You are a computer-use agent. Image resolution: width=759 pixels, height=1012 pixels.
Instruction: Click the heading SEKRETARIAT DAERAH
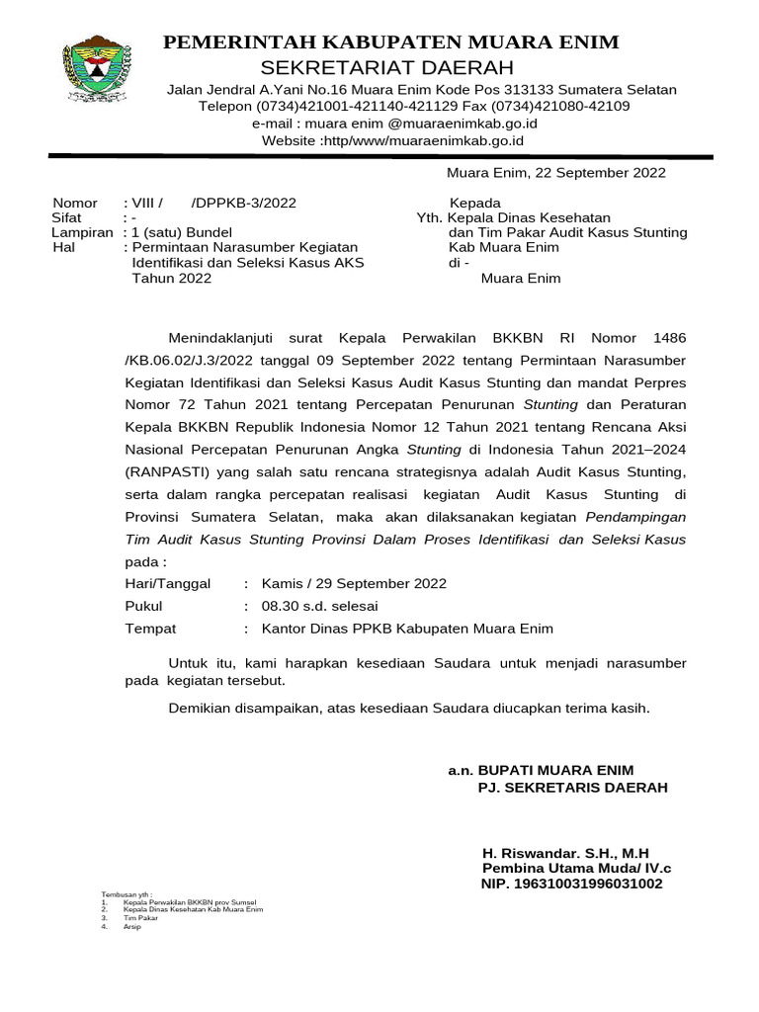(387, 67)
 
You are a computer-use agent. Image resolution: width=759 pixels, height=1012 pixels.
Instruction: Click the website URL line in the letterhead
(392, 140)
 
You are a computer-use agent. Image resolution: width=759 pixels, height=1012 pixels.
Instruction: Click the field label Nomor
(75, 203)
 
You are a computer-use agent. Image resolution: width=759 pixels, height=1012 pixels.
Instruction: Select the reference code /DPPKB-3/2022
(243, 203)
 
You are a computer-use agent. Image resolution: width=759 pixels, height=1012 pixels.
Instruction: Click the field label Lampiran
(83, 232)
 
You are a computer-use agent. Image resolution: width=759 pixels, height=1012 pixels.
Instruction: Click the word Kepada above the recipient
(474, 203)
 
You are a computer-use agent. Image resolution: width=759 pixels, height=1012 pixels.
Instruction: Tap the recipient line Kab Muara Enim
(504, 247)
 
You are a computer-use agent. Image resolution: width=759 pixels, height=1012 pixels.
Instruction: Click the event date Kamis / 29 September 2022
(354, 583)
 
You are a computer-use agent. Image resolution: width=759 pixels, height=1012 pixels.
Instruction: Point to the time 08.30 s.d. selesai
(319, 606)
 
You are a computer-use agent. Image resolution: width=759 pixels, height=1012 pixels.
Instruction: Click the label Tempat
(150, 629)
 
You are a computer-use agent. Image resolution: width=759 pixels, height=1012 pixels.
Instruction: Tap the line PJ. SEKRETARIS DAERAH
(572, 788)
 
